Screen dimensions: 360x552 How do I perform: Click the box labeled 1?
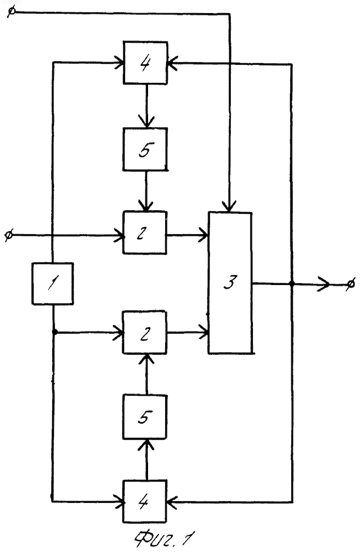click(x=53, y=283)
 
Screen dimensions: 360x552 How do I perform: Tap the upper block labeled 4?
click(x=145, y=63)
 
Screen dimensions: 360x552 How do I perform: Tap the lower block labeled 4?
click(x=145, y=501)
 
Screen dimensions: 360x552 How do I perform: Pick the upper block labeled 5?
click(x=145, y=149)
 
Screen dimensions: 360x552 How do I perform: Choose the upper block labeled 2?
click(x=145, y=232)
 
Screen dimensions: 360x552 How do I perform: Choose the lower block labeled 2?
click(x=145, y=332)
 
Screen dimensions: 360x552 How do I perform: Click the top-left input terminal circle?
click(x=11, y=12)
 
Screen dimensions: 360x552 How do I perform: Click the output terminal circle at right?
click(x=351, y=284)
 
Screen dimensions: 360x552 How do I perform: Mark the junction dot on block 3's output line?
click(x=292, y=284)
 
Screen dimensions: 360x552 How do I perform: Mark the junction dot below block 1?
click(x=54, y=332)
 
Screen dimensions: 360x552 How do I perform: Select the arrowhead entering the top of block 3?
click(x=229, y=207)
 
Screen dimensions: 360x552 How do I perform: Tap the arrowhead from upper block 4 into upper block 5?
click(x=147, y=121)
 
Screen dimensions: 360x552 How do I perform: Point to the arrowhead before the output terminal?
click(x=324, y=284)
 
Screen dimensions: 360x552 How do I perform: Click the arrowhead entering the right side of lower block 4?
click(x=172, y=502)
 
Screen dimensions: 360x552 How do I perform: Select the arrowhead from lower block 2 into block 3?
click(x=204, y=332)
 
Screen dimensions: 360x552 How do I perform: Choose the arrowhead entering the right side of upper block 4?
click(x=172, y=63)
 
